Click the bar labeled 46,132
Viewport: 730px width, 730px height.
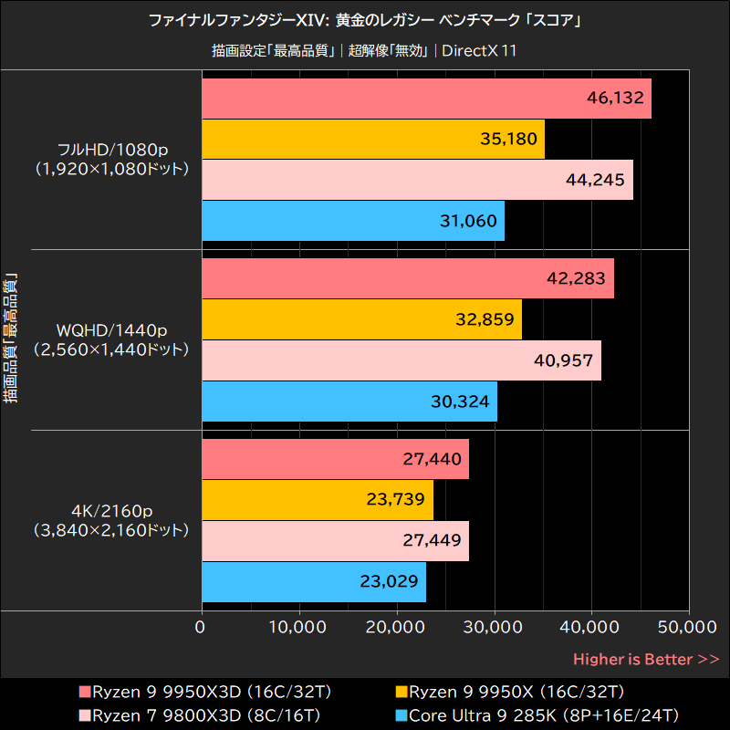click(x=425, y=99)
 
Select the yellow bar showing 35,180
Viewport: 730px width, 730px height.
click(x=372, y=139)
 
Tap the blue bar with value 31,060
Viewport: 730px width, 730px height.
click(x=352, y=220)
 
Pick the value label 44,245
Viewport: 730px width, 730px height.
click(x=595, y=180)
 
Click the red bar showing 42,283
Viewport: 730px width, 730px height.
click(x=407, y=278)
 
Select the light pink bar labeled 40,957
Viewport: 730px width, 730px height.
click(x=401, y=360)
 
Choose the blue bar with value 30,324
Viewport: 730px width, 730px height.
click(x=349, y=401)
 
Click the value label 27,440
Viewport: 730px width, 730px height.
click(x=432, y=459)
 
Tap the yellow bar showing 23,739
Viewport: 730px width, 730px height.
click(x=317, y=499)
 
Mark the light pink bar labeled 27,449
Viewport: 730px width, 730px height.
click(x=334, y=540)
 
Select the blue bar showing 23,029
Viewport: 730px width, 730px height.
click(x=313, y=581)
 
